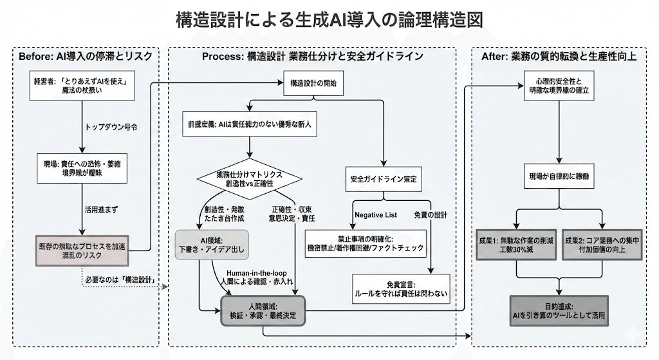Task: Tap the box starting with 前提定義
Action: pos(247,123)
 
